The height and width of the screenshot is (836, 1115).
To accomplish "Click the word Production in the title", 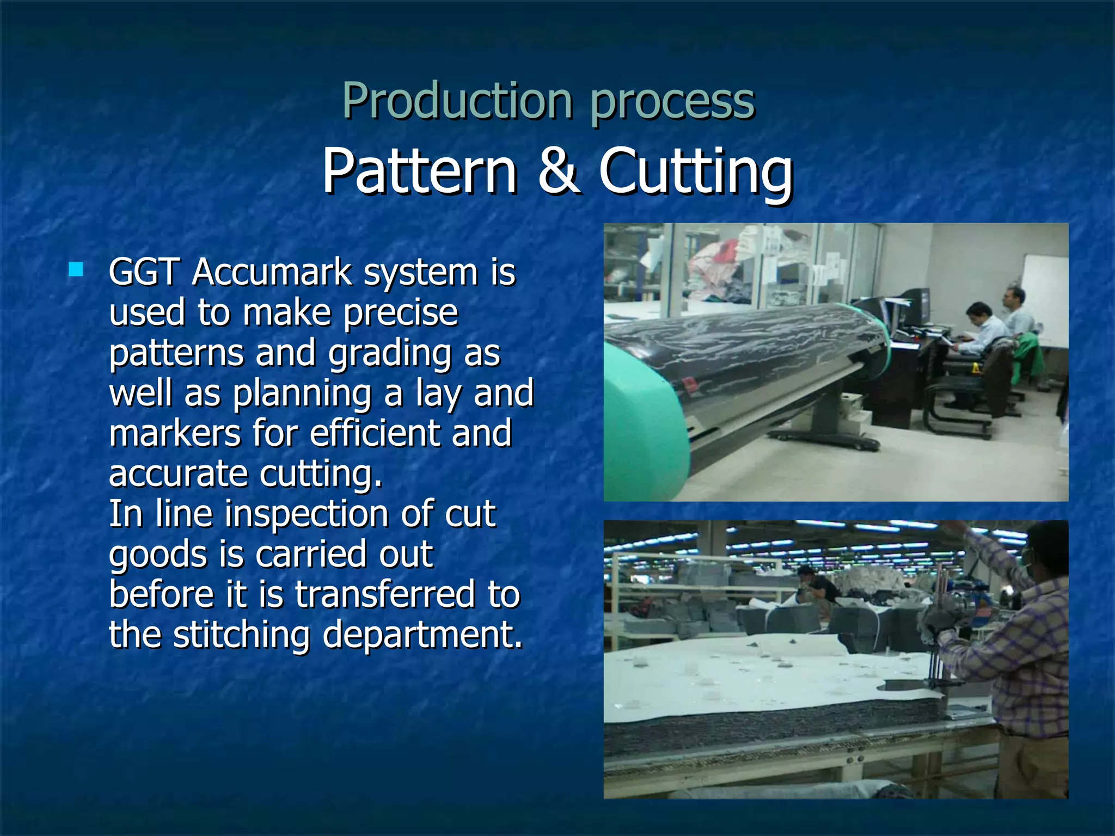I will (457, 101).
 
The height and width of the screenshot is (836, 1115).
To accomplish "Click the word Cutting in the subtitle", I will (695, 172).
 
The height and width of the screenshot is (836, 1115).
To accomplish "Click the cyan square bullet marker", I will (76, 270).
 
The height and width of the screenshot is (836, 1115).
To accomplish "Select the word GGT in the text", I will (144, 272).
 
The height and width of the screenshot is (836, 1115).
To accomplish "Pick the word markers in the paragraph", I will (175, 433).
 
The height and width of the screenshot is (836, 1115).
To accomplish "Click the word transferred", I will (385, 594).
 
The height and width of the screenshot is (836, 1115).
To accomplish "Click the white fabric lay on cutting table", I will (762, 675).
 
